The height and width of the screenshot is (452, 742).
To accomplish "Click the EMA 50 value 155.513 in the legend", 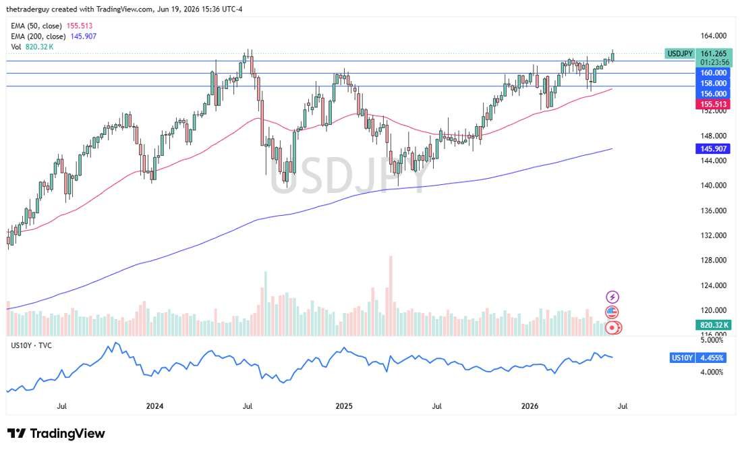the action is click(80, 26).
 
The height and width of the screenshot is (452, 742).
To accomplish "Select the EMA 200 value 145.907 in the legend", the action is click(83, 36).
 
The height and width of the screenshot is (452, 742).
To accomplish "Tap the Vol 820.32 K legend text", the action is click(32, 47).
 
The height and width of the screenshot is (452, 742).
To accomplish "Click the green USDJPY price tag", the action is click(679, 53).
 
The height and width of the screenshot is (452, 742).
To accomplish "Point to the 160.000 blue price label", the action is click(713, 73).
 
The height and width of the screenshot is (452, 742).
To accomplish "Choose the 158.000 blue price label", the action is click(713, 83).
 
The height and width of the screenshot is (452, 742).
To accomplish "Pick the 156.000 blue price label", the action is click(713, 94).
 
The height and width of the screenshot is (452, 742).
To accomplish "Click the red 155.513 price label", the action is click(713, 104).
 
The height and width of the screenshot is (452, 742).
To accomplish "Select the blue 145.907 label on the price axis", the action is click(713, 148).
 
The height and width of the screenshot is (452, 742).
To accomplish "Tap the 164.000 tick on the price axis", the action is click(713, 36).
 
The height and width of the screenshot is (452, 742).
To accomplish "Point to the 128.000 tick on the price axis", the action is click(713, 260).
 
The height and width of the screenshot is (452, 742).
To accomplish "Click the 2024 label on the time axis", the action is click(154, 406).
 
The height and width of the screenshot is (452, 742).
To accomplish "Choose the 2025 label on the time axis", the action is click(344, 406).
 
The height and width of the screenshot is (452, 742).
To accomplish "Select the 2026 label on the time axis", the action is click(530, 406).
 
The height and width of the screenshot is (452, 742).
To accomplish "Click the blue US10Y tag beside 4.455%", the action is click(682, 358).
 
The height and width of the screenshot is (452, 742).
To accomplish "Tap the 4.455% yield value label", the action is click(712, 358).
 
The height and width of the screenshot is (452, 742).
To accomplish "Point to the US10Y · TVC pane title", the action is click(31, 345).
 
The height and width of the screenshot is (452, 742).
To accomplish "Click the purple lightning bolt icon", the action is click(612, 298).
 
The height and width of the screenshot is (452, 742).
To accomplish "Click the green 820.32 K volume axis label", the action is click(714, 325).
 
